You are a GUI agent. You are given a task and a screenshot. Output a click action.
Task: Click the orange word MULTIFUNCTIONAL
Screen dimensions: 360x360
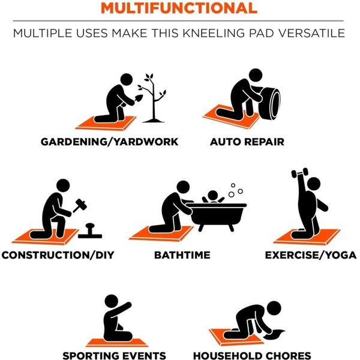click(179, 8)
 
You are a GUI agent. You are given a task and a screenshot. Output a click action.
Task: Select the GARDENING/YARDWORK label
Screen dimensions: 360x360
click(110, 142)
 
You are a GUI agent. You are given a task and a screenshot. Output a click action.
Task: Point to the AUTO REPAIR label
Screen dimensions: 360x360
click(247, 142)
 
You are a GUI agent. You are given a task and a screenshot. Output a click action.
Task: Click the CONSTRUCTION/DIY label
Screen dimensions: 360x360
click(58, 255)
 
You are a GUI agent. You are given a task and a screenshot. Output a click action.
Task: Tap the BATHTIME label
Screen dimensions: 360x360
click(182, 255)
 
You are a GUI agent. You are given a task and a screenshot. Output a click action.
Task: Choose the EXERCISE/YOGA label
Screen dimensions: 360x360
click(311, 255)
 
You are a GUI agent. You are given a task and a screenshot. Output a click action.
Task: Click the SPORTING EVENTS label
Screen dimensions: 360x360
click(114, 356)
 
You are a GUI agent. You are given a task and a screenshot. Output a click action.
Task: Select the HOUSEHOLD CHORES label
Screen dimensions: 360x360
click(252, 356)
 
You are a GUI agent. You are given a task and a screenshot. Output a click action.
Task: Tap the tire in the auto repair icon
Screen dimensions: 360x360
click(270, 103)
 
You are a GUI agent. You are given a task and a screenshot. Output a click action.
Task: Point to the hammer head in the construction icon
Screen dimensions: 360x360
click(81, 203)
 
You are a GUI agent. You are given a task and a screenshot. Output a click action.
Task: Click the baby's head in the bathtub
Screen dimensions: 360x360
click(212, 196)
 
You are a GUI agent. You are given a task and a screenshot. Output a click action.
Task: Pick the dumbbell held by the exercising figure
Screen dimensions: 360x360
click(299, 173)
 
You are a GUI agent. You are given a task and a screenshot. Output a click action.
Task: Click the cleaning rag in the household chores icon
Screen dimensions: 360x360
click(274, 335)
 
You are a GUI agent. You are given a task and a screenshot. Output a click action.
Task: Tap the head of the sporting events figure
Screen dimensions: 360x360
click(112, 301)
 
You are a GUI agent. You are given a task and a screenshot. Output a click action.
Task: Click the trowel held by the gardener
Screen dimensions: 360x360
click(139, 99)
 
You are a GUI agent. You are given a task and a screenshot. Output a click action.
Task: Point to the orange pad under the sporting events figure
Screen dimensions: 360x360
click(117, 343)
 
